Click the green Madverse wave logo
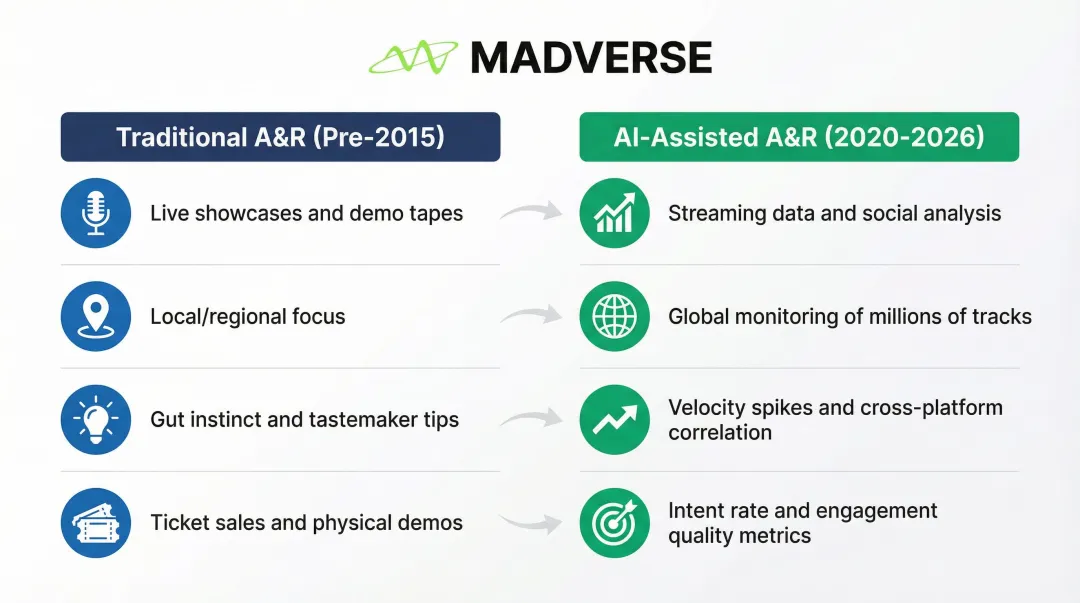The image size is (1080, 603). [x=413, y=57]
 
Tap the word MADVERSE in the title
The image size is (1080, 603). [x=591, y=57]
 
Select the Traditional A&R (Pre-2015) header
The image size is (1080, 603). [x=280, y=137]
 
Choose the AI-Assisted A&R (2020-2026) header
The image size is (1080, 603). [x=799, y=137]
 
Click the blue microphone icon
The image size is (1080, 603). [x=96, y=213]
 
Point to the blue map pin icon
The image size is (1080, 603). [x=96, y=316]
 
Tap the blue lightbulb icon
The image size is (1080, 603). [x=96, y=420]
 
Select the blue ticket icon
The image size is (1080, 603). [x=96, y=523]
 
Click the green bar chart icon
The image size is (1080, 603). [x=614, y=213]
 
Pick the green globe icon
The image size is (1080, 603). [x=614, y=316]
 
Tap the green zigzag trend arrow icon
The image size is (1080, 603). [x=614, y=420]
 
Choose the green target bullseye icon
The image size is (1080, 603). [x=614, y=523]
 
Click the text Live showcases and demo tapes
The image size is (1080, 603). [x=307, y=214]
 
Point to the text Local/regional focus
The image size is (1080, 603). [x=248, y=317]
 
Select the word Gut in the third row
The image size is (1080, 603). [x=167, y=420]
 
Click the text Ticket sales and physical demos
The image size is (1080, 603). [x=307, y=523]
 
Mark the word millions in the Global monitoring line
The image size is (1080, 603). [x=906, y=316]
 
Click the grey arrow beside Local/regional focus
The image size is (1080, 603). [x=531, y=315]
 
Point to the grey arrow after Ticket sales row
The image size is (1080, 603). [x=531, y=523]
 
